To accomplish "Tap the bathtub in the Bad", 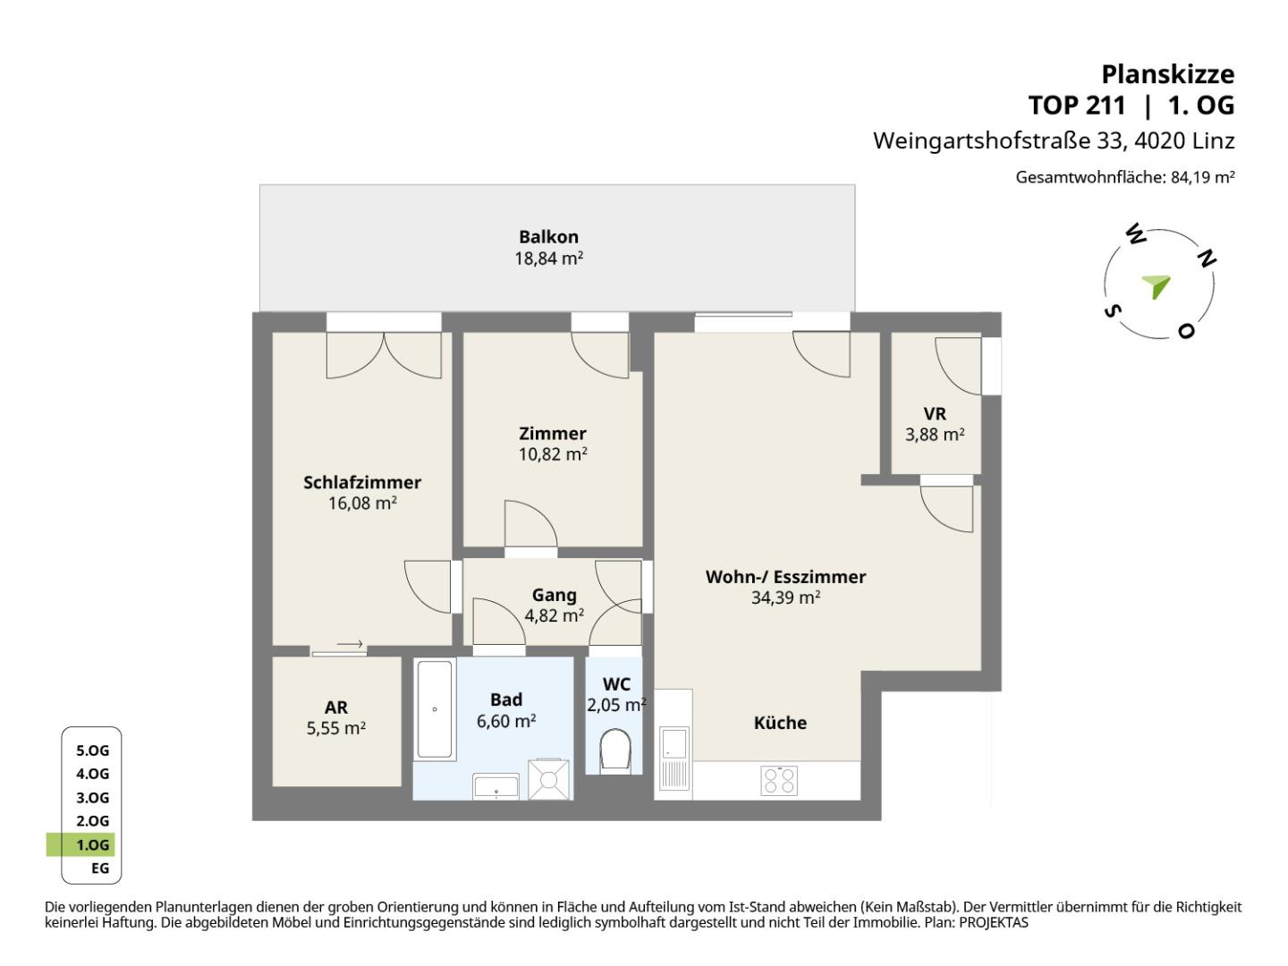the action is (434, 709).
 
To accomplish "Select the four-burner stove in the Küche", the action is (779, 781).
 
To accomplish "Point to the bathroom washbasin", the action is (496, 786).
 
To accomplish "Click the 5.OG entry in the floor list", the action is (93, 750).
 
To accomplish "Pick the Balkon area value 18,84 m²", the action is (548, 258).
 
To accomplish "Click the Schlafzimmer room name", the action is (362, 482).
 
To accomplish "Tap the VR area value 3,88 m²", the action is (935, 435).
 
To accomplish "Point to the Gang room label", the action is (554, 596).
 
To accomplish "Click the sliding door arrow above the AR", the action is (351, 643).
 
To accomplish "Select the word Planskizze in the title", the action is (1168, 74).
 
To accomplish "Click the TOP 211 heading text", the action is (1077, 106).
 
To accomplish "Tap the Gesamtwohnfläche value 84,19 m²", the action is (1202, 176).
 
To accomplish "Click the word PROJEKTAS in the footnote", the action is (994, 922).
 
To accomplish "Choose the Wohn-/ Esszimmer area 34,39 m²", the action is (785, 597).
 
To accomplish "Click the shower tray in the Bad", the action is (548, 779).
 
